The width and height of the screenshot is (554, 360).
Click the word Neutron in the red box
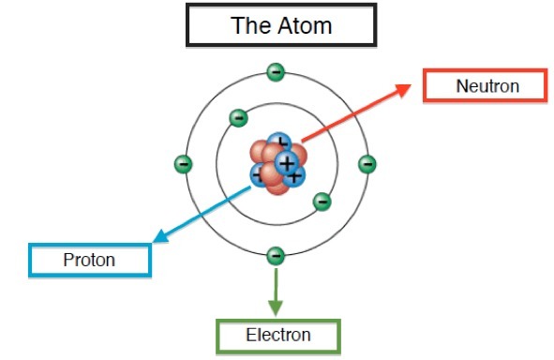(487, 86)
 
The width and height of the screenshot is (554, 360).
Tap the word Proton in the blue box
(89, 260)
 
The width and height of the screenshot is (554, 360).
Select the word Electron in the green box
(278, 335)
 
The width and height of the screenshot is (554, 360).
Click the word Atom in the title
(305, 25)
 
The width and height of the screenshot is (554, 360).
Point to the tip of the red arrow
(411, 84)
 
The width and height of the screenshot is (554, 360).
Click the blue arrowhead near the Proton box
(160, 236)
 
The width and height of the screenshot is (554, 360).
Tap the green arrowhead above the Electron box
(276, 307)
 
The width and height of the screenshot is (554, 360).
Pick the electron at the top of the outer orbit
(276, 72)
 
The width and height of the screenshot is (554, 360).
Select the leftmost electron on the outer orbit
(183, 164)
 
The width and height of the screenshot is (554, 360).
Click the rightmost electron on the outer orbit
(367, 164)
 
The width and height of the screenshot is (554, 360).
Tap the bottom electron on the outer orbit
(276, 256)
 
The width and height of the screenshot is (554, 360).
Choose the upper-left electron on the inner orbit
(238, 117)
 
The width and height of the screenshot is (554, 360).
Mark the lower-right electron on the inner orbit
(322, 202)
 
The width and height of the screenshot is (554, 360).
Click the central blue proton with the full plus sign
(287, 163)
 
